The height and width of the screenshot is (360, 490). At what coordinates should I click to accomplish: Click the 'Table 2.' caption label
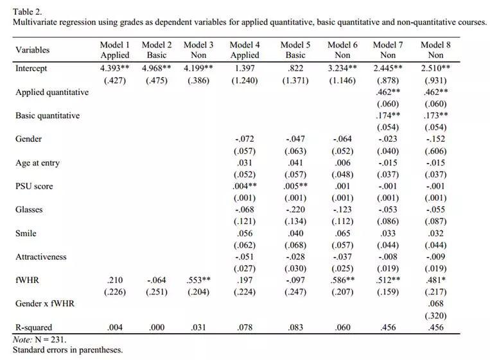(x=28, y=11)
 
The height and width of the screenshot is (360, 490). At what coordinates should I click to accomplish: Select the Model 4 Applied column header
(x=245, y=50)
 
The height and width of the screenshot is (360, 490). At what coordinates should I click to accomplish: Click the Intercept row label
(x=31, y=69)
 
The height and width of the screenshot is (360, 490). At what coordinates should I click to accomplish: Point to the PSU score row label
(x=34, y=186)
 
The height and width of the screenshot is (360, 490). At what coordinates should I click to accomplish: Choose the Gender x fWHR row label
(x=45, y=303)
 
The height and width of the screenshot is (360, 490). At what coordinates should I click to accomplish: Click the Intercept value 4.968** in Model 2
(x=157, y=68)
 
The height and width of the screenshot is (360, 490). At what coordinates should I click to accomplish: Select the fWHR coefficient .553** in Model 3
(x=198, y=280)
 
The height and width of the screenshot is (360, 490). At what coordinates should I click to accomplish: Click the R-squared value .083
(x=295, y=327)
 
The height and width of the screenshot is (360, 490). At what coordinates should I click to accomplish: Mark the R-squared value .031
(x=198, y=327)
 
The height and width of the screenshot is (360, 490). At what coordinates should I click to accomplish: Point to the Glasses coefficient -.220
(x=295, y=209)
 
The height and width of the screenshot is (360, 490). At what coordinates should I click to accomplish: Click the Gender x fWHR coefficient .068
(x=435, y=303)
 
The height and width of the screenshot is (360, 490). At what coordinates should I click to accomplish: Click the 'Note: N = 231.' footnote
(x=39, y=339)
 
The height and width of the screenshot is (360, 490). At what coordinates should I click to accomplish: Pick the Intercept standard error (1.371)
(x=295, y=80)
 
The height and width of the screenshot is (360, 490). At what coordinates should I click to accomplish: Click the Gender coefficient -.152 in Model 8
(x=435, y=139)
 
